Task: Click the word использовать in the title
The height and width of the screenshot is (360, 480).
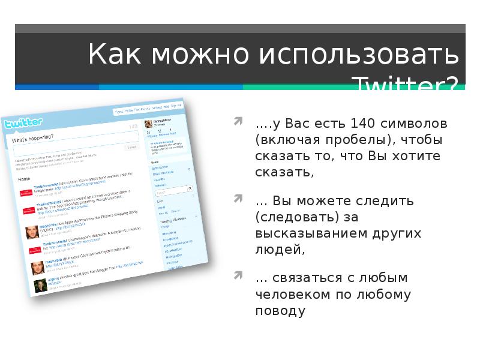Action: pos(359,56)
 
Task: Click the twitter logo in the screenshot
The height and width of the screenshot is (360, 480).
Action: pos(24,124)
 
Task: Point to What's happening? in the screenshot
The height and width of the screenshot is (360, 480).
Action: pos(32,139)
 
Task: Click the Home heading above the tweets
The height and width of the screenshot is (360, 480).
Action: pos(24,179)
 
